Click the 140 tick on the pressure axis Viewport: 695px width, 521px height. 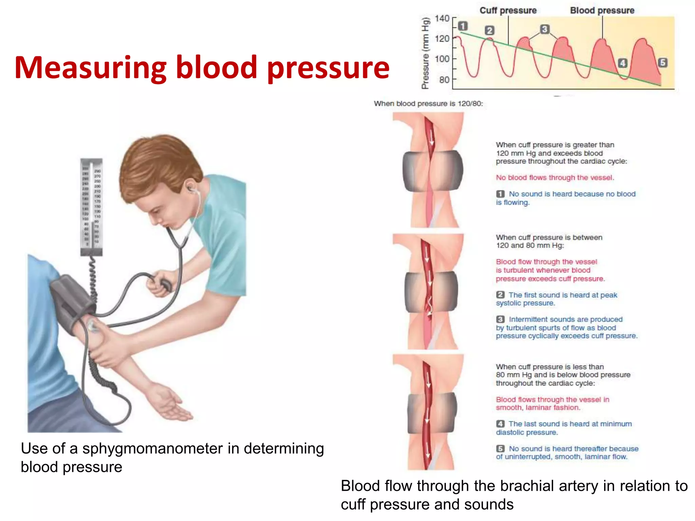point(443,18)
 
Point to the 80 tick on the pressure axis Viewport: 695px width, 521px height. point(444,80)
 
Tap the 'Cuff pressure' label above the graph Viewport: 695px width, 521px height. point(508,11)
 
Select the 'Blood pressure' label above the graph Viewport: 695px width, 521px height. point(602,11)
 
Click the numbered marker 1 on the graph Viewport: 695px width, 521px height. point(463,26)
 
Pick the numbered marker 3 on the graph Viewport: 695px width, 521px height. point(544,29)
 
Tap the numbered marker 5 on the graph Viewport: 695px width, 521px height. point(662,62)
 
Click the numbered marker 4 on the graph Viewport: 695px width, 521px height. point(622,63)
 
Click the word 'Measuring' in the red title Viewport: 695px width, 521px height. point(91,68)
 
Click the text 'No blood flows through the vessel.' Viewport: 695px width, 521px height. point(555,178)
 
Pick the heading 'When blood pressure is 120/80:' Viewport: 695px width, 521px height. point(428,104)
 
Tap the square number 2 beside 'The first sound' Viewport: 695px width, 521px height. point(500,295)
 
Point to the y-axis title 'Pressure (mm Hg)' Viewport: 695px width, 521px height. point(425,53)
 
